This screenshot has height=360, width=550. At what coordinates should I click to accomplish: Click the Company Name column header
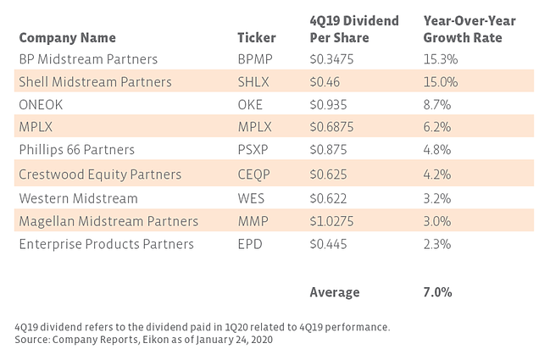pyautogui.click(x=67, y=38)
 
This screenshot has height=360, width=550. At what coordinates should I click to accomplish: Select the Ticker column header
pyautogui.click(x=258, y=38)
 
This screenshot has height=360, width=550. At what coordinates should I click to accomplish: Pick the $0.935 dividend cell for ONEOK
pyautogui.click(x=329, y=105)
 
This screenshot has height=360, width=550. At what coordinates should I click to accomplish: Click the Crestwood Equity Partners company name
pyautogui.click(x=100, y=174)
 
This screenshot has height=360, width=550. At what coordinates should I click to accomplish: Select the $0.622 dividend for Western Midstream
pyautogui.click(x=329, y=197)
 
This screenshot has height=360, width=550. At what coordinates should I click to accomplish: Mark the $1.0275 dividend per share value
pyautogui.click(x=333, y=221)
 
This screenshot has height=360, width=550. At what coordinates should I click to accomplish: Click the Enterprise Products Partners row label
pyautogui.click(x=106, y=244)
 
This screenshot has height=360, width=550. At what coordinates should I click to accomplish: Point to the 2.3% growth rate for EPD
pyautogui.click(x=436, y=244)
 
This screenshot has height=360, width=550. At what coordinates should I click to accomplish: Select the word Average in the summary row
pyautogui.click(x=334, y=292)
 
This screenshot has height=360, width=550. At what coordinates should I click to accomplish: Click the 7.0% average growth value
pyautogui.click(x=437, y=292)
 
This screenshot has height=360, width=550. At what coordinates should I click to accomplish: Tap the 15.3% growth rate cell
pyautogui.click(x=439, y=59)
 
